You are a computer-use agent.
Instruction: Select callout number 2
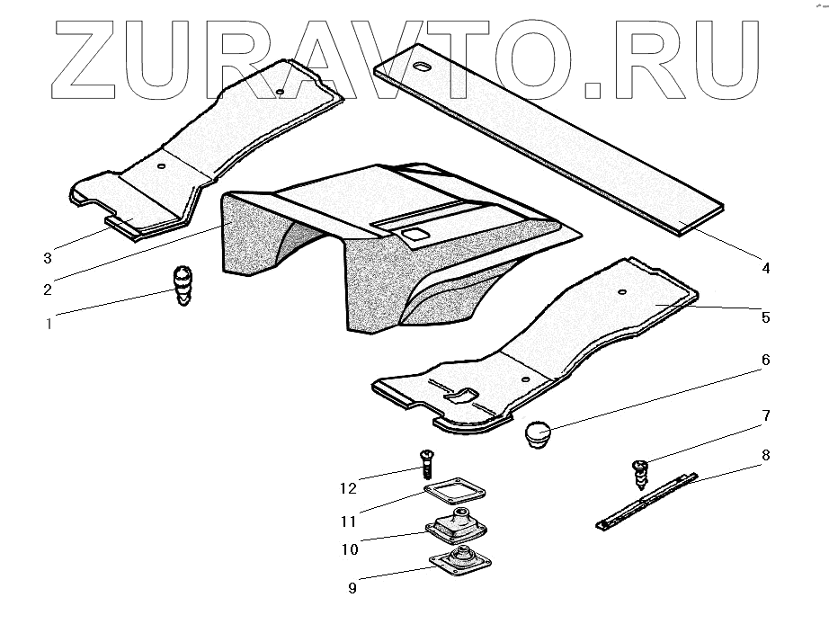46,290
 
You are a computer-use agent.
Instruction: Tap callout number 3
46,259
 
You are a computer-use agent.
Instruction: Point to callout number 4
766,268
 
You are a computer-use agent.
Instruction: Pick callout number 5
765,316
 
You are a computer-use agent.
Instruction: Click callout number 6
765,360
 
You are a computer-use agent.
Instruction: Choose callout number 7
765,415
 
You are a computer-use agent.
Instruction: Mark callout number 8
765,455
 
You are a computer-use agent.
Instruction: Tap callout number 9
352,588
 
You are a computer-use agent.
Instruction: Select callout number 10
350,548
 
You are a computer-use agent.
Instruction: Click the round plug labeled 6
538,433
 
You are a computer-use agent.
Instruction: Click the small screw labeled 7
642,474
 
